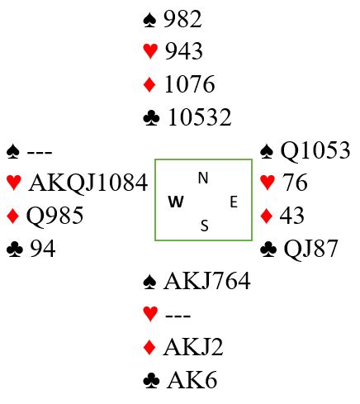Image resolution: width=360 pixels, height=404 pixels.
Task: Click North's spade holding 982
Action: (x=182, y=19)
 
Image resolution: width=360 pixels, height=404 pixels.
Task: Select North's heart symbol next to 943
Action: (x=150, y=51)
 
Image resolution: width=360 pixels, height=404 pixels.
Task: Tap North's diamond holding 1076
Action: (x=190, y=83)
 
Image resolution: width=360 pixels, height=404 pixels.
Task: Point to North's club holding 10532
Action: (x=200, y=116)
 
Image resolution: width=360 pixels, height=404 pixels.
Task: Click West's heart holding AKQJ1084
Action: (x=88, y=183)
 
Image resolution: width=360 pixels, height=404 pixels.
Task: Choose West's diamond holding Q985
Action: (x=54, y=216)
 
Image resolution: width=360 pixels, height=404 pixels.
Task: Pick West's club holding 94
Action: (x=43, y=249)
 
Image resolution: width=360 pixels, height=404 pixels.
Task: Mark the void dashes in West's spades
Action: (x=40, y=152)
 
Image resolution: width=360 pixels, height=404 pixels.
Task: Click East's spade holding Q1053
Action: (x=315, y=150)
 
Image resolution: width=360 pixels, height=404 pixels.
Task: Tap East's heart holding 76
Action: (x=295, y=183)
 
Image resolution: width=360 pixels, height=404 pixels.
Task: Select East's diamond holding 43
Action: (x=292, y=216)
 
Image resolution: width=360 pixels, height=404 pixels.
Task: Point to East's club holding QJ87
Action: (x=310, y=249)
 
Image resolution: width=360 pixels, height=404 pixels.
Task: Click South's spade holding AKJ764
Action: (x=207, y=281)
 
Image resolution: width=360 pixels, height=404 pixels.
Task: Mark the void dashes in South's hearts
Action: (x=178, y=316)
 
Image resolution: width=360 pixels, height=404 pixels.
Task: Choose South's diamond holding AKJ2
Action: (x=193, y=347)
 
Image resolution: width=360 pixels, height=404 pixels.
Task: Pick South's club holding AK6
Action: (x=192, y=380)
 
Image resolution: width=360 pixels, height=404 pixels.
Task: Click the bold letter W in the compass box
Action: (x=176, y=202)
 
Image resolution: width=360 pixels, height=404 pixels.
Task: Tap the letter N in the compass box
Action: (x=203, y=178)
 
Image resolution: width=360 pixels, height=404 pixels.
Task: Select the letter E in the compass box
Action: (x=234, y=202)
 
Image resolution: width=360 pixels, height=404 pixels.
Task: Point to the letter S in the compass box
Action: (x=204, y=226)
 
